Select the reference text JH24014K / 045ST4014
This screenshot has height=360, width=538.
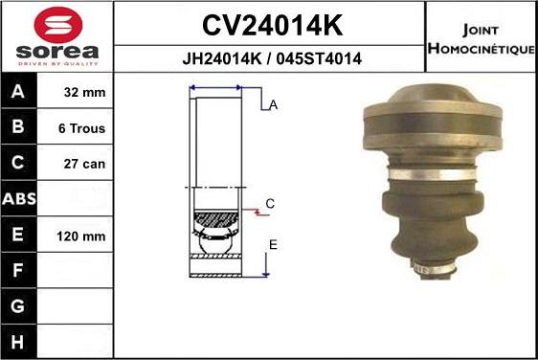(271, 58)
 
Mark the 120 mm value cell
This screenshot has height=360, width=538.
(80, 236)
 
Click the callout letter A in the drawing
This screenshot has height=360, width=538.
(273, 106)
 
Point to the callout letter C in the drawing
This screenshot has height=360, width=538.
(270, 204)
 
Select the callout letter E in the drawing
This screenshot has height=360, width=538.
(273, 245)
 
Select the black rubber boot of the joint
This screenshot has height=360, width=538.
(433, 225)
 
